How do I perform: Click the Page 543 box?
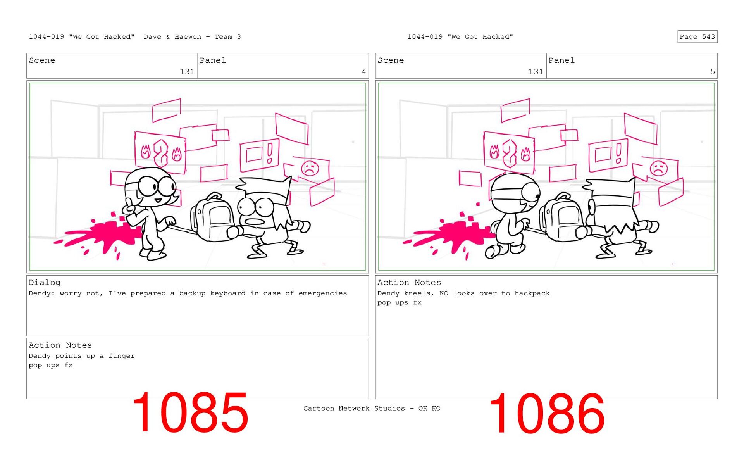pos(697,36)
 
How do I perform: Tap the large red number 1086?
pos(547,413)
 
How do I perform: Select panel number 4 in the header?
pos(363,72)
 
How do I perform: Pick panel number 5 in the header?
pos(712,72)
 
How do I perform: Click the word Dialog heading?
pos(45,283)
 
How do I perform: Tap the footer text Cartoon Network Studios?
pos(354,408)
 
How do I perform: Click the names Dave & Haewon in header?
pos(172,37)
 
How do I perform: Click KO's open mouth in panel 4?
pos(255,222)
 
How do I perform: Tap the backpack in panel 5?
pos(561,216)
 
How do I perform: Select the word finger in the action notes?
pos(122,356)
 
